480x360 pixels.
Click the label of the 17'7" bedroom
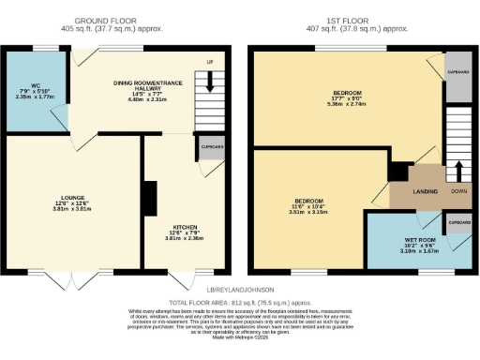[346, 92]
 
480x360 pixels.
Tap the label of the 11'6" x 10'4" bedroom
[309, 202]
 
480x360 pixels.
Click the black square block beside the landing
[397, 171]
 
